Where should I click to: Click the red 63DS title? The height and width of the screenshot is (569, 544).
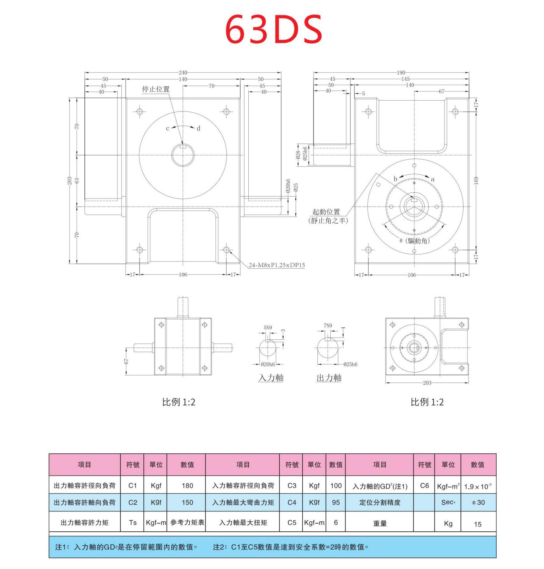[274, 30]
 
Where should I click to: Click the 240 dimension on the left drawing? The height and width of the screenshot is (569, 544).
[183, 73]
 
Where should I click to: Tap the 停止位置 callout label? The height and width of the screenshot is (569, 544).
[155, 89]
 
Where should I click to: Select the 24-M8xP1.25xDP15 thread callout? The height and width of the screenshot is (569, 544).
[277, 265]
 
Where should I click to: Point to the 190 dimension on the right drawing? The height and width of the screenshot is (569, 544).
[401, 73]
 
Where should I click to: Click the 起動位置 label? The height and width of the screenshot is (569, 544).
[326, 212]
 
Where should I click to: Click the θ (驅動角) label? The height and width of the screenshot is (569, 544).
[415, 241]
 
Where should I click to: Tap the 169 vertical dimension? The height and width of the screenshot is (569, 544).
[476, 181]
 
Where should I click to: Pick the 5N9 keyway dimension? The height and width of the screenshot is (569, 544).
[268, 328]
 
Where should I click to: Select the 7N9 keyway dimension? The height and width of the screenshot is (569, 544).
[328, 326]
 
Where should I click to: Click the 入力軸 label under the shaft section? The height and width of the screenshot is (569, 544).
[271, 378]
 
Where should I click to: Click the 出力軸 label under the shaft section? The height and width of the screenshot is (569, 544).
[329, 378]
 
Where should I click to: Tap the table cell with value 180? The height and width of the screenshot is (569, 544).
[187, 485]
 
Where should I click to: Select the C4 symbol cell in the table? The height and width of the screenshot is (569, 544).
[291, 502]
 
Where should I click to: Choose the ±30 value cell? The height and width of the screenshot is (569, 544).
[478, 502]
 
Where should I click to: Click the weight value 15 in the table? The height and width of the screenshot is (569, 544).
[478, 524]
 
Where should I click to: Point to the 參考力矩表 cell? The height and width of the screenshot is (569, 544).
[187, 522]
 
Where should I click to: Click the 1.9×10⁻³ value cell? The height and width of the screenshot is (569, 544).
[478, 486]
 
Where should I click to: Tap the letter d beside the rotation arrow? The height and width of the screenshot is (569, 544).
[199, 129]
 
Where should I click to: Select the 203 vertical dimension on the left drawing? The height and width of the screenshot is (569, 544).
[69, 181]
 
